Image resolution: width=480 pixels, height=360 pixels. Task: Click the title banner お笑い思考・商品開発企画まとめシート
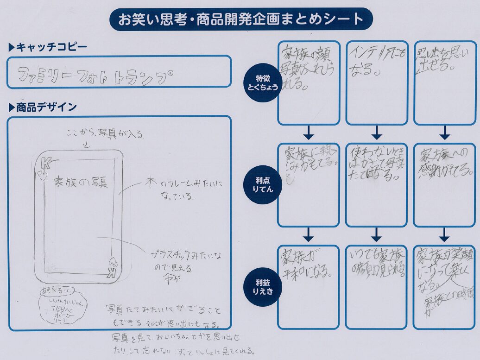click(x=241, y=19)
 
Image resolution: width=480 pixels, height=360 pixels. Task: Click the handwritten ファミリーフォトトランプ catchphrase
click(x=93, y=74)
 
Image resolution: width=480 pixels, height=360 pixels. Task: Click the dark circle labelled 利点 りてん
click(x=263, y=184)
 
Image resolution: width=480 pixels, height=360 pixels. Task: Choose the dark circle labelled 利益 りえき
click(x=263, y=286)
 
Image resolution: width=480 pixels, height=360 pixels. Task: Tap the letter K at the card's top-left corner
click(x=46, y=164)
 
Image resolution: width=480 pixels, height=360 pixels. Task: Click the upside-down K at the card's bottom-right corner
click(x=111, y=273)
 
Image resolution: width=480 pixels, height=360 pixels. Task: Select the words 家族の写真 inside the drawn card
click(x=81, y=182)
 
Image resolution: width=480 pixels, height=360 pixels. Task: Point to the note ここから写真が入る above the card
click(x=105, y=135)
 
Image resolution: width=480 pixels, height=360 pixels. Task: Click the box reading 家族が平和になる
click(x=309, y=287)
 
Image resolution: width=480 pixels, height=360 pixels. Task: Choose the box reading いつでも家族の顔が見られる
click(x=376, y=287)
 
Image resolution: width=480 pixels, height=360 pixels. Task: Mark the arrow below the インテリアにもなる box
click(x=377, y=133)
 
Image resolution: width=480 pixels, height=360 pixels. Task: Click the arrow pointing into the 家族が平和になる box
click(x=309, y=235)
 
